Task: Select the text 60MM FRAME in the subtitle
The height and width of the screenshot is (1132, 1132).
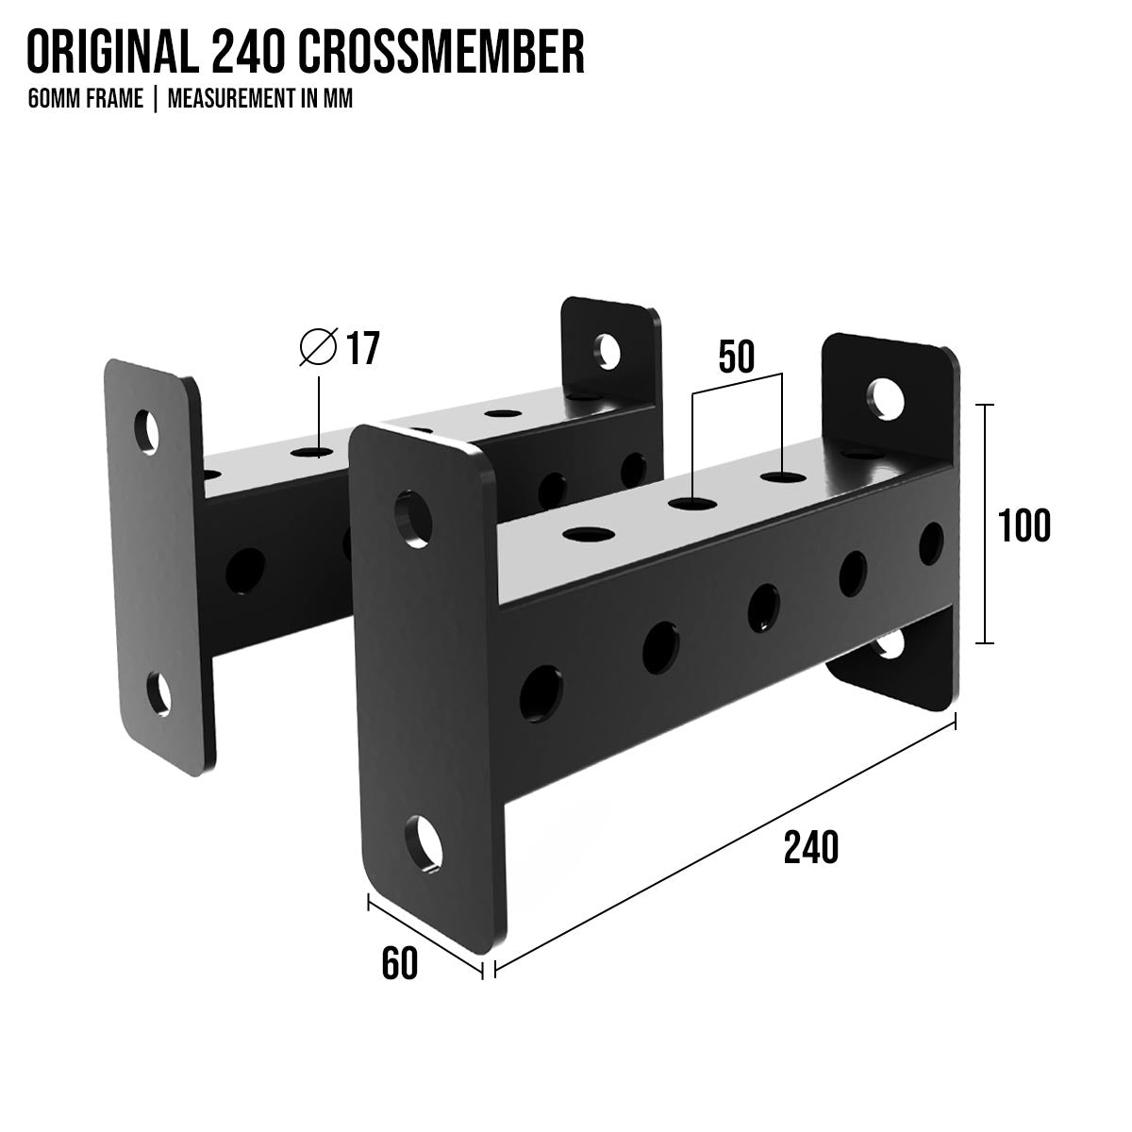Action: (86, 99)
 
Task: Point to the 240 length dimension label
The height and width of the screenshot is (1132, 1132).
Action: (810, 847)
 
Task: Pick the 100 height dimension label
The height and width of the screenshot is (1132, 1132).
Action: (1024, 524)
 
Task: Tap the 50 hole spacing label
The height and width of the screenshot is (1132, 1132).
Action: (736, 358)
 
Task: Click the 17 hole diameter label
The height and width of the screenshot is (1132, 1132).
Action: (363, 348)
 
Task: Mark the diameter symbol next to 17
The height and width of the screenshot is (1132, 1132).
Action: (318, 348)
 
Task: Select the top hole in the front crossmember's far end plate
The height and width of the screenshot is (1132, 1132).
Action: (887, 399)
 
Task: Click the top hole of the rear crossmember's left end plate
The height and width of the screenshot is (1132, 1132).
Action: (148, 430)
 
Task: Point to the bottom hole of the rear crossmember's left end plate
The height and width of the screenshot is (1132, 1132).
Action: (159, 693)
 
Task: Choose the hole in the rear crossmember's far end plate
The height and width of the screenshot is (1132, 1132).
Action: (608, 350)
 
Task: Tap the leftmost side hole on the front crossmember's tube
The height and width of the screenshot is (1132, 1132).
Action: (539, 693)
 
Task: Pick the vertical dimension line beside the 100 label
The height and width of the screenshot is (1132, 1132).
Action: (984, 524)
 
